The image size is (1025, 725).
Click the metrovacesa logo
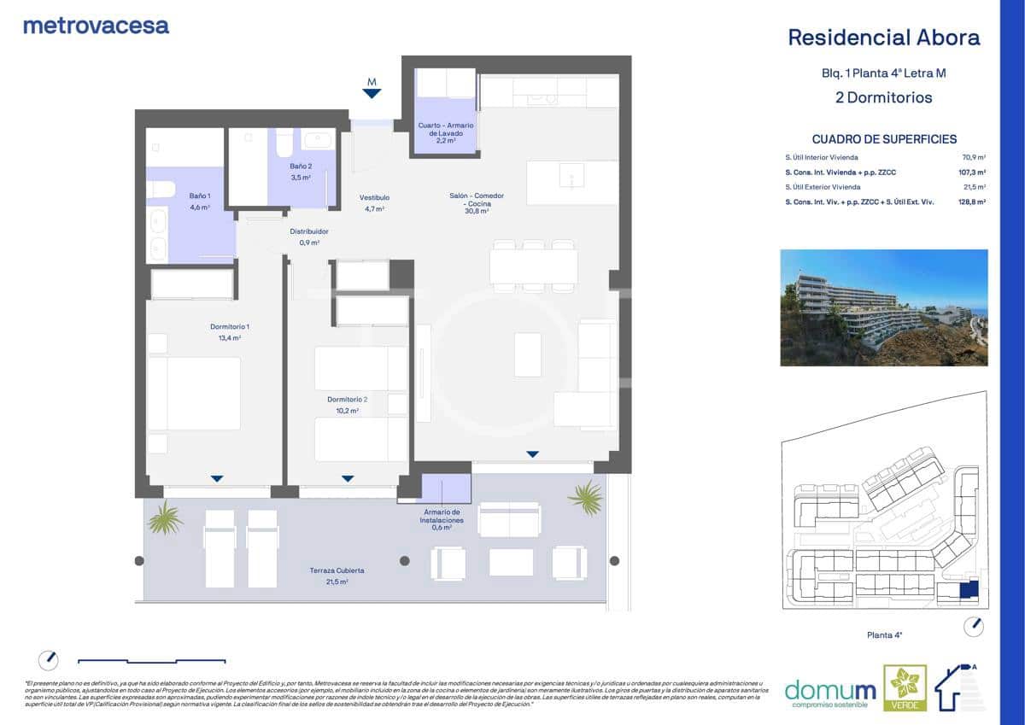(96, 26)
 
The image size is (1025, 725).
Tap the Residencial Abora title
(883, 38)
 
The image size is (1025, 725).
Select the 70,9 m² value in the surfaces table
(974, 158)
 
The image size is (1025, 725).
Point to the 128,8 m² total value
(972, 202)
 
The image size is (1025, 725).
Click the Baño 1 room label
(200, 201)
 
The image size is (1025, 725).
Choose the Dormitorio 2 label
(347, 404)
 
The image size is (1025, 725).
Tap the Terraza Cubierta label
(337, 575)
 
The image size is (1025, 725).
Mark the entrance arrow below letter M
(372, 94)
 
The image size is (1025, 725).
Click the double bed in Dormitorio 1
(194, 393)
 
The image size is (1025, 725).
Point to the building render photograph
(883, 307)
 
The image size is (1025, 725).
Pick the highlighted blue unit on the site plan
(969, 590)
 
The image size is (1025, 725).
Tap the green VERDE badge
(905, 687)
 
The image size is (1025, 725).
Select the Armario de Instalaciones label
(442, 520)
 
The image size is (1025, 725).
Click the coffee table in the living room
(528, 354)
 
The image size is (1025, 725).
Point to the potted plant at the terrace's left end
(165, 517)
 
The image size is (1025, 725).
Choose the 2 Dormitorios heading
(883, 97)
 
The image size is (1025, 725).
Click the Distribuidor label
(309, 237)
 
